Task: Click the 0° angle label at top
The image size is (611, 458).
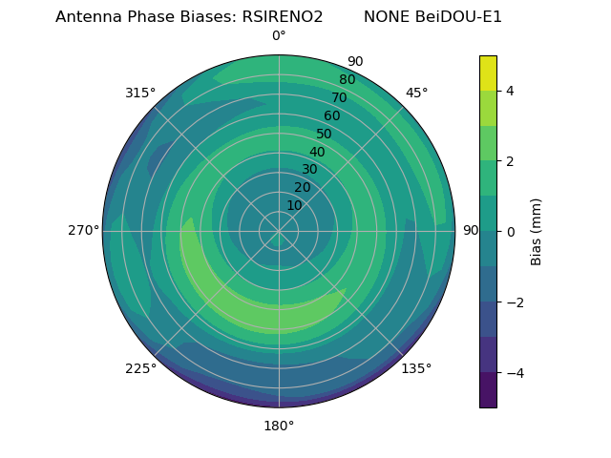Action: (279, 36)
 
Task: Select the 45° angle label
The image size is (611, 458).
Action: (416, 93)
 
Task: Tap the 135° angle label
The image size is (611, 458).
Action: (416, 368)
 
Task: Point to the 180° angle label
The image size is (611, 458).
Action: (279, 426)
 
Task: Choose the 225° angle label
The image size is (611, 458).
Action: (140, 368)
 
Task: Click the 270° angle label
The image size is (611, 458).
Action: (83, 231)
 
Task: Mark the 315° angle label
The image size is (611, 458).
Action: (140, 93)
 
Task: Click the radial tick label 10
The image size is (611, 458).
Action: (294, 205)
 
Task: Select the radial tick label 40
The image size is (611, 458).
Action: (317, 152)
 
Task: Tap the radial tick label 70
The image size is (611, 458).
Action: (339, 97)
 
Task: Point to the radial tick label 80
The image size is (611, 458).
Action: (347, 79)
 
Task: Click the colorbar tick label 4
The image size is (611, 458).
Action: (510, 91)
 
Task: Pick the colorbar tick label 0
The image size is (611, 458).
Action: (510, 232)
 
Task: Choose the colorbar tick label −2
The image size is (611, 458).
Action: (514, 302)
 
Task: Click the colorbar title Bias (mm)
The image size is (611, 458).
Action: (537, 231)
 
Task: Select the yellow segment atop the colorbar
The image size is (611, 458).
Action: (488, 73)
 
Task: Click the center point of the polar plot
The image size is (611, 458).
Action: (279, 231)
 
